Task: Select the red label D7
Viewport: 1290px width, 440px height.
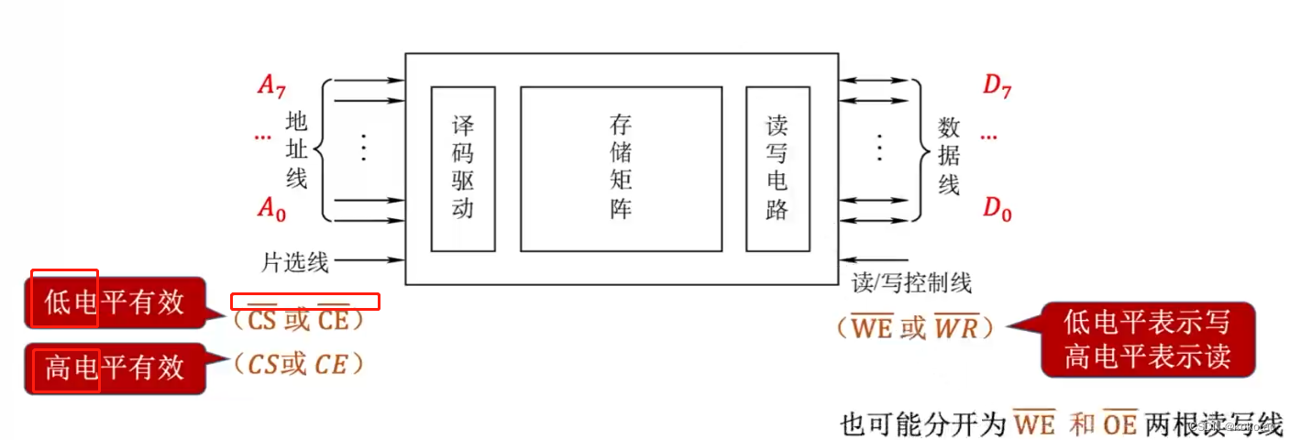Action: coord(997,86)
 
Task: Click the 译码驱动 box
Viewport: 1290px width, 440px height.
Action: coord(463,168)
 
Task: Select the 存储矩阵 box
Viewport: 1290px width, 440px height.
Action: coord(621,168)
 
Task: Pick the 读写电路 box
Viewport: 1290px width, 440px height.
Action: coord(777,168)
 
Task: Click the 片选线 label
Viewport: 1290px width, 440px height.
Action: coord(295,263)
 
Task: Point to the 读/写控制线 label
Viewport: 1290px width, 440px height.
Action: coord(911,283)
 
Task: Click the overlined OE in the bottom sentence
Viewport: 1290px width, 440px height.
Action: coord(1119,424)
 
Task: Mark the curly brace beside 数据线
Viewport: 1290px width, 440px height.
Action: coord(920,149)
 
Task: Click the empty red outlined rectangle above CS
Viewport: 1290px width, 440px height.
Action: coord(304,302)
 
